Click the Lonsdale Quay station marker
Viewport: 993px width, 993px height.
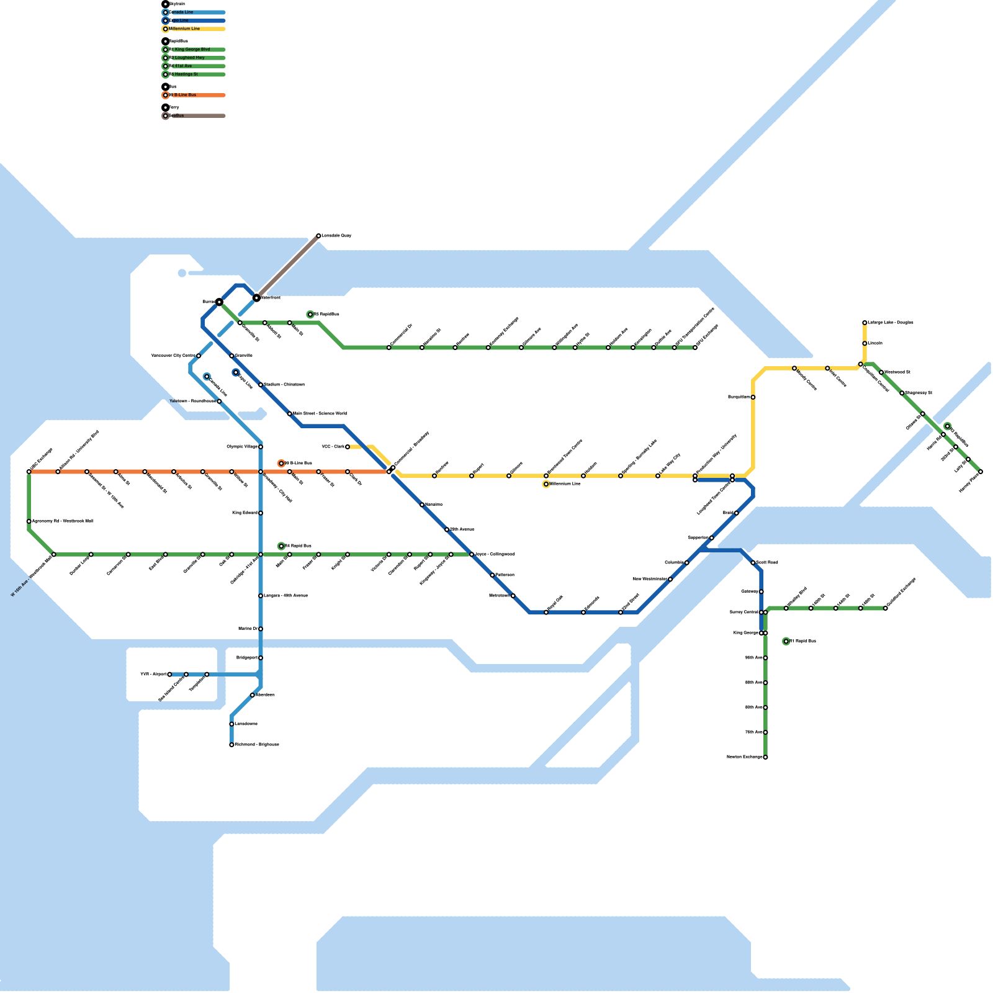click(318, 236)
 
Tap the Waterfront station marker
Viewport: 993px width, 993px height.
click(256, 298)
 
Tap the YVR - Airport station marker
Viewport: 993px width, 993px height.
click(169, 674)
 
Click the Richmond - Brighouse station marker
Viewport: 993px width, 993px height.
click(231, 745)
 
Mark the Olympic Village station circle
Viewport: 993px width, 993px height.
click(261, 447)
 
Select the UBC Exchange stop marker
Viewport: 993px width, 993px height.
click(29, 472)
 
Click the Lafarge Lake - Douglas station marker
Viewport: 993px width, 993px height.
click(865, 323)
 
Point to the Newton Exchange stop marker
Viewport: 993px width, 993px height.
click(765, 757)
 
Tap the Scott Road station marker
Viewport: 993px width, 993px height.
click(753, 563)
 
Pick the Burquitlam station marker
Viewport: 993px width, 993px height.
click(753, 397)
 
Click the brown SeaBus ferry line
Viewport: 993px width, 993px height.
click(287, 267)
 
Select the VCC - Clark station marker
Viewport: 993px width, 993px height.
click(348, 447)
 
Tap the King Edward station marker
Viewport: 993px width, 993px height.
click(261, 513)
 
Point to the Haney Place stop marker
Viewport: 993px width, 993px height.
click(981, 472)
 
